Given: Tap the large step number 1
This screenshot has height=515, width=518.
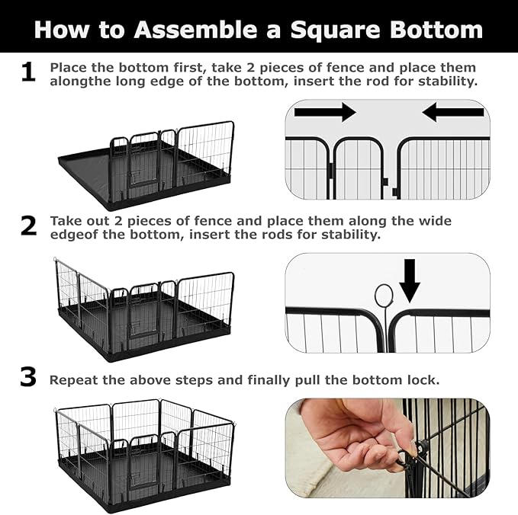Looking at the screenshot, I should pos(27,72).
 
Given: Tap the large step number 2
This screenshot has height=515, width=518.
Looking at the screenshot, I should pos(27,226).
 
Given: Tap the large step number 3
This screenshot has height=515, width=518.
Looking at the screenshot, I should pos(27,377).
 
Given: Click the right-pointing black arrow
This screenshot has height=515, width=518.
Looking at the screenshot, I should pos(325,113).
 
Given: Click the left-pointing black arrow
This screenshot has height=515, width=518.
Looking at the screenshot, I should pos(453,113).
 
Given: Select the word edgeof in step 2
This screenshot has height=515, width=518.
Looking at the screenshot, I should pos(73,235).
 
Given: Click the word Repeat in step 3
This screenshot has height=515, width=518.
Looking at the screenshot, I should pos(73,379).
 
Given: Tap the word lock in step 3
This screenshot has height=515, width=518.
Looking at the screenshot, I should pos(424,379).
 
